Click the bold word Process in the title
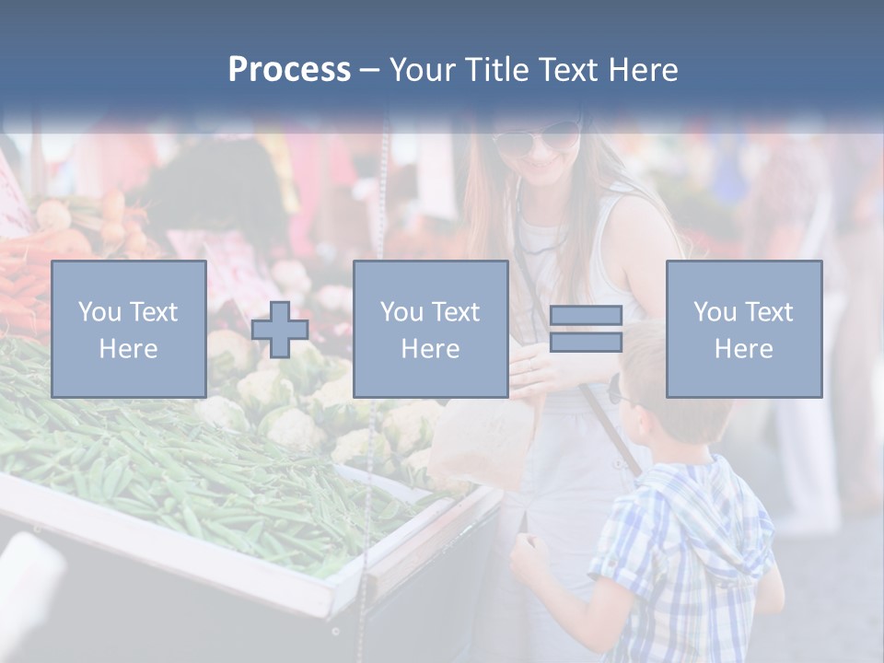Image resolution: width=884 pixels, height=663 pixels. coord(289,70)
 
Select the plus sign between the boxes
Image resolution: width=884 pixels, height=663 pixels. coord(280,330)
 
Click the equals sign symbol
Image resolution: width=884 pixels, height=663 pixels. coord(586,329)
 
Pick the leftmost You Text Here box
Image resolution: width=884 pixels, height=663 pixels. coord(129,329)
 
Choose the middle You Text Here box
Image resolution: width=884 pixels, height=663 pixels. coord(430,329)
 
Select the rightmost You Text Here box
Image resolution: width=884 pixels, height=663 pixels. coord(743,329)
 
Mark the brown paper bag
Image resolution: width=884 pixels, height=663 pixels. coord(483,442)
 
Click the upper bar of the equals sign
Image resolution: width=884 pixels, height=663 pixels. coord(586,315)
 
